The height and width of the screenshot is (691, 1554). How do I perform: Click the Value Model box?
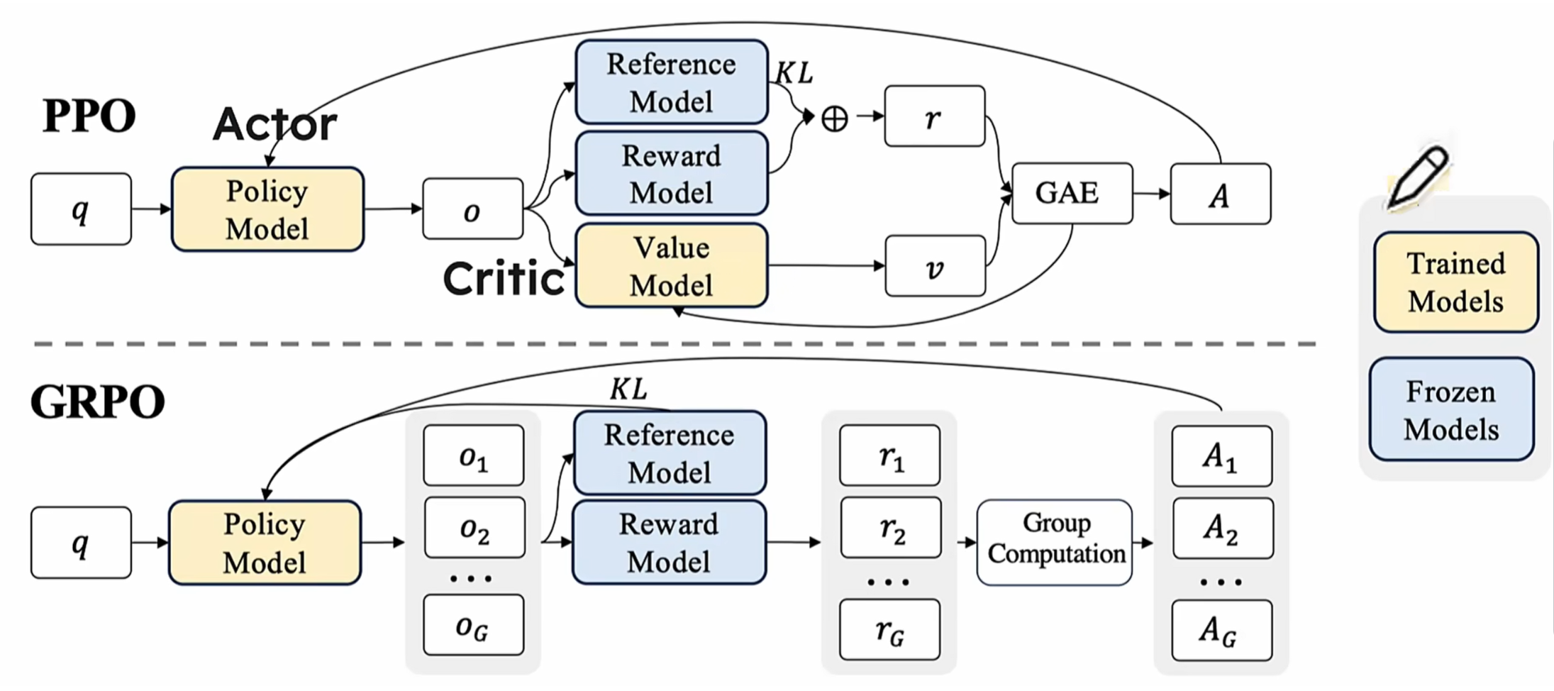pyautogui.click(x=671, y=266)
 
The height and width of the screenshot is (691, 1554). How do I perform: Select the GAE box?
pyautogui.click(x=1072, y=194)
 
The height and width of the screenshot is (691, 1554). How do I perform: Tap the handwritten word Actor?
pyautogui.click(x=275, y=124)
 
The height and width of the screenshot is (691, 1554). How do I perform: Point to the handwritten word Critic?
pyautogui.click(x=504, y=278)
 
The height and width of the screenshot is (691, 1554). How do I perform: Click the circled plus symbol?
pyautogui.click(x=834, y=118)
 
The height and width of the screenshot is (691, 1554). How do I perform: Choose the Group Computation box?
pyautogui.click(x=1055, y=543)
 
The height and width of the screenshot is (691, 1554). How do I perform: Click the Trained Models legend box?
pyautogui.click(x=1455, y=282)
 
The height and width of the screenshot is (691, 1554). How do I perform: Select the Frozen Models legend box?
pyautogui.click(x=1452, y=410)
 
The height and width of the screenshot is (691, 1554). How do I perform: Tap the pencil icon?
pyautogui.click(x=1418, y=177)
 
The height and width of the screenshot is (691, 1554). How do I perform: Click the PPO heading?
pyautogui.click(x=89, y=116)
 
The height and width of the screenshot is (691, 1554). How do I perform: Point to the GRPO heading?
pyautogui.click(x=97, y=402)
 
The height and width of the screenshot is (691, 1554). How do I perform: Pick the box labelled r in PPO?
pyautogui.click(x=934, y=117)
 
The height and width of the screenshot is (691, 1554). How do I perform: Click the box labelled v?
pyautogui.click(x=935, y=267)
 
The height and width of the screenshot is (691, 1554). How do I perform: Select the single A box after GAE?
pyautogui.click(x=1220, y=194)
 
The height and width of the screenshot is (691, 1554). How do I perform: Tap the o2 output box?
pyautogui.click(x=474, y=529)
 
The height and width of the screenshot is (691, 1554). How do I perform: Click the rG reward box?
pyautogui.click(x=889, y=630)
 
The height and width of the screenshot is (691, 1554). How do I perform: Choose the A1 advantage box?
pyautogui.click(x=1221, y=456)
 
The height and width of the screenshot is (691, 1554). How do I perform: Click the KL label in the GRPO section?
pyautogui.click(x=628, y=389)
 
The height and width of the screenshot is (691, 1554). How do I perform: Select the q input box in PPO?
pyautogui.click(x=81, y=209)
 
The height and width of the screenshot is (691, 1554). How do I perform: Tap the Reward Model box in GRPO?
pyautogui.click(x=669, y=543)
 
